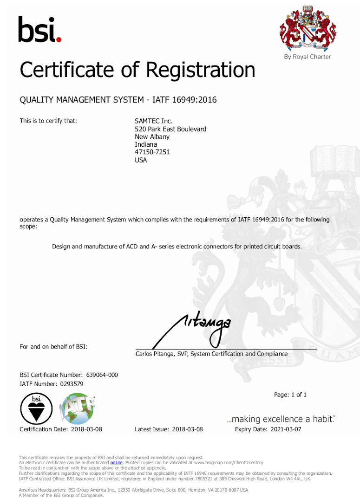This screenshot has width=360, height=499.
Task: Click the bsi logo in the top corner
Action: [x=39, y=29]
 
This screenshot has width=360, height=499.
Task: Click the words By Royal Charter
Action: [x=308, y=57]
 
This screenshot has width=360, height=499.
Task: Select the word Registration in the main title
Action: [x=201, y=70]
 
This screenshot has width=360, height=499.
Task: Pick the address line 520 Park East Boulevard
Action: [x=170, y=129]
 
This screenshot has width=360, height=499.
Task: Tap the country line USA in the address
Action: [x=141, y=160]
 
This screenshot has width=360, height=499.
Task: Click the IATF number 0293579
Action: [x=72, y=384]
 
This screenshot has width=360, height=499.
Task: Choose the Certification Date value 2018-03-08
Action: [x=86, y=429]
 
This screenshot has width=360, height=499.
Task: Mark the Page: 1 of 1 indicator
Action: [x=290, y=395]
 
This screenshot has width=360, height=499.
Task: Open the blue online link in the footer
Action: [x=116, y=463]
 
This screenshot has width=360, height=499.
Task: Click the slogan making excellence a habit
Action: [x=281, y=419]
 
